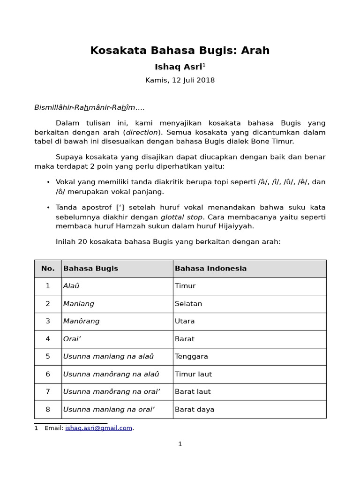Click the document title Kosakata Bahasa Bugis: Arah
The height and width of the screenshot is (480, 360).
click(x=180, y=51)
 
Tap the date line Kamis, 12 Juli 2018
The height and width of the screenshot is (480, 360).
click(x=180, y=80)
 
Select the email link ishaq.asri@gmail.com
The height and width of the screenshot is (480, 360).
click(x=98, y=428)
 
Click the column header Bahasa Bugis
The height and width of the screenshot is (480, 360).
click(x=90, y=269)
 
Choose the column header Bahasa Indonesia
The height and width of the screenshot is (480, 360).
click(x=210, y=269)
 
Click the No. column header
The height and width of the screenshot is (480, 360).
click(x=48, y=269)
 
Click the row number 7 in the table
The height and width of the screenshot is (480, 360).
click(x=48, y=391)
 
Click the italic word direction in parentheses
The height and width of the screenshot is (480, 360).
click(x=142, y=132)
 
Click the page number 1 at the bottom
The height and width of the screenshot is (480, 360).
click(x=180, y=444)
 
